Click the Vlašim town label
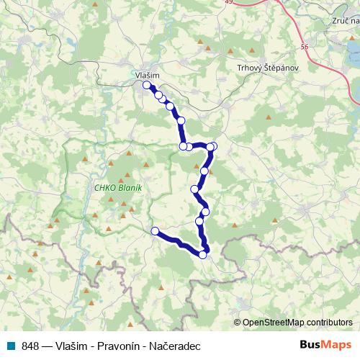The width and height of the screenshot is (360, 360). coord(147,74)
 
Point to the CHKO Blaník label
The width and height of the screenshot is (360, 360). coord(119,188)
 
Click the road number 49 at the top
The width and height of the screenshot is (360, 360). coord(229,2)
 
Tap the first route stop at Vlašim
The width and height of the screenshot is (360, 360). coord(147,85)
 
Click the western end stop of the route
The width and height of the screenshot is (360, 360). coord(155,230)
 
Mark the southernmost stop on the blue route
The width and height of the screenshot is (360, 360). coord(203,255)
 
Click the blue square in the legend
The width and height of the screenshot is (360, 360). coord(11,345)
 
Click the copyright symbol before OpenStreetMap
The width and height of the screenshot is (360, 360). coord(238,322)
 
